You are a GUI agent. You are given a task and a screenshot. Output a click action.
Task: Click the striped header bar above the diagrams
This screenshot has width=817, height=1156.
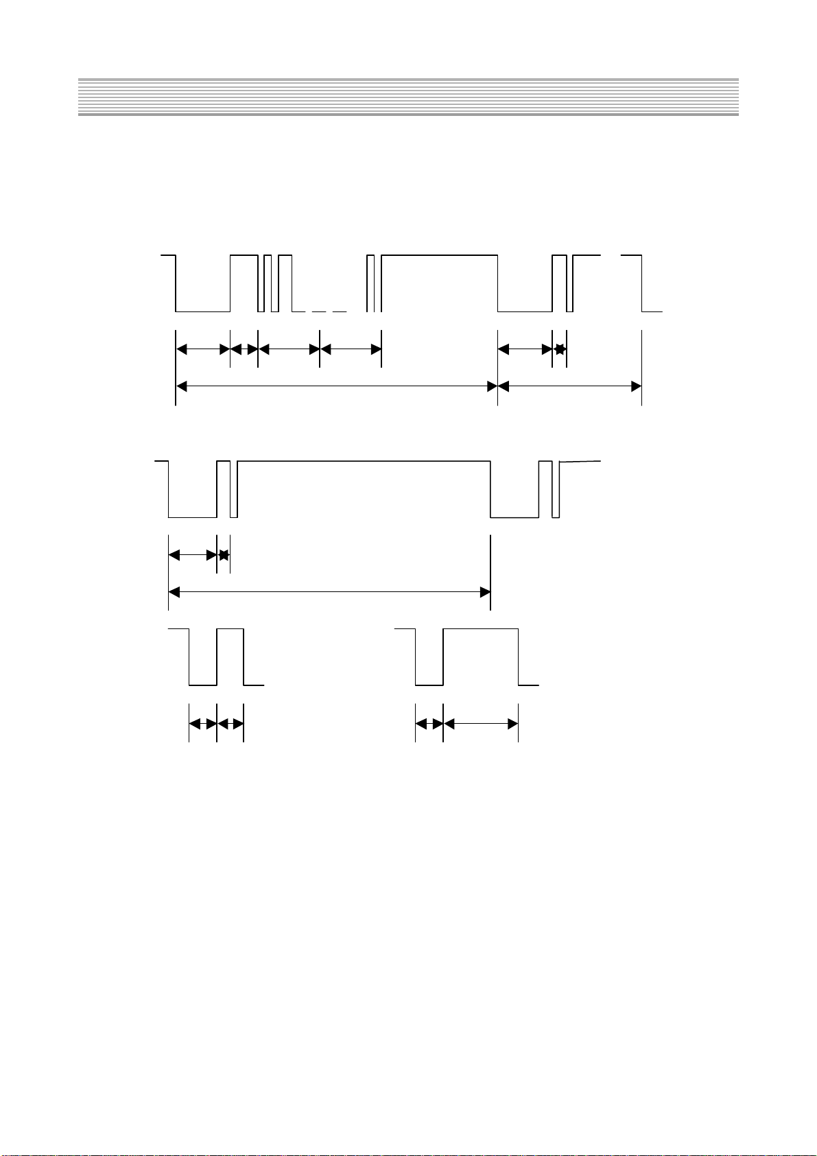[408, 97]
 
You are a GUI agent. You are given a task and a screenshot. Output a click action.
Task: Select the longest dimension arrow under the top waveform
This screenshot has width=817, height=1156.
[336, 387]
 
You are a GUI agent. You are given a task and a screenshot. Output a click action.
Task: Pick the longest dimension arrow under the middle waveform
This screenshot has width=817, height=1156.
[329, 591]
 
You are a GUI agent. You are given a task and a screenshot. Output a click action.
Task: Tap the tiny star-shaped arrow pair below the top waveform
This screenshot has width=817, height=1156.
[560, 349]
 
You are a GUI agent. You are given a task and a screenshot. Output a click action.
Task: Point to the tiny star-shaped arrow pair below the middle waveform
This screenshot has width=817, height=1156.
[224, 554]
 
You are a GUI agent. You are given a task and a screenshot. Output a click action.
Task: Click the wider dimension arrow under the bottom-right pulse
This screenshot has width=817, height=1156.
[480, 723]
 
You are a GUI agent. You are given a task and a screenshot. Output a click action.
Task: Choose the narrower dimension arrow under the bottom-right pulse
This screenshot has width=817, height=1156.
[429, 723]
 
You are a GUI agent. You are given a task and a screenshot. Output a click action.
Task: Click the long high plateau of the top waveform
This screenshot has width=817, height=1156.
[439, 255]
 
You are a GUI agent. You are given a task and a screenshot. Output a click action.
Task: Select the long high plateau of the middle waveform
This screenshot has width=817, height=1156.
[364, 462]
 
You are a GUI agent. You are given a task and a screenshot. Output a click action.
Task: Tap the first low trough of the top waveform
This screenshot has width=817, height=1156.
[203, 311]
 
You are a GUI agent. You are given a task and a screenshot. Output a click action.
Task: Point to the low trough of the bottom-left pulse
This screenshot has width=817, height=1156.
[203, 684]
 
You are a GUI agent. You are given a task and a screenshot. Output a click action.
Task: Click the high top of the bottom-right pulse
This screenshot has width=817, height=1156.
[480, 628]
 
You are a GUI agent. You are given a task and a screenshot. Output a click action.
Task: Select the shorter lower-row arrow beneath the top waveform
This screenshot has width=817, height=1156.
[569, 387]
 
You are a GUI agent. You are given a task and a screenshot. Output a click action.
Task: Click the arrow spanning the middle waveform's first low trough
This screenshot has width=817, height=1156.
[193, 554]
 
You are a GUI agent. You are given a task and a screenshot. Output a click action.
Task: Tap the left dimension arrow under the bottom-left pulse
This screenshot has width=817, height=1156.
[203, 723]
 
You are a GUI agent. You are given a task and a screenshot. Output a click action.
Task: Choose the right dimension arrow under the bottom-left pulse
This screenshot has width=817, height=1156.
[230, 723]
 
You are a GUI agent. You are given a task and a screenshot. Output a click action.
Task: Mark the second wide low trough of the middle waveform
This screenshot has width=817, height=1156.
[514, 517]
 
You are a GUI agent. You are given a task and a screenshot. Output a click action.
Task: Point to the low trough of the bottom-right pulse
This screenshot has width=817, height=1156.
[429, 684]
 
